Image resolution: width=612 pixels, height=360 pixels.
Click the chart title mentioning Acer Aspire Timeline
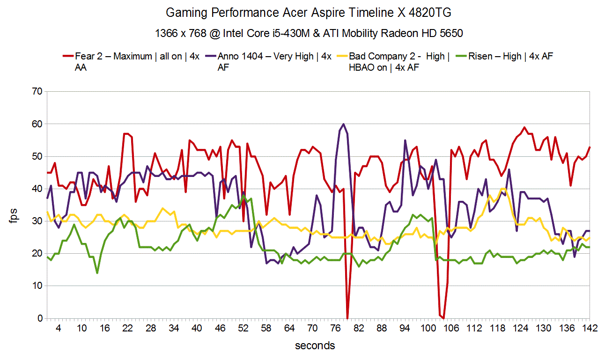(309, 13)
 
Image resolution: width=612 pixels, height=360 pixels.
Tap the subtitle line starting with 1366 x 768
(309, 33)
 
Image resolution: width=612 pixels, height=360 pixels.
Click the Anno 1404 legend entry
(274, 57)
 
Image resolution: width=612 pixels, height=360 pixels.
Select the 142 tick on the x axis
(590, 329)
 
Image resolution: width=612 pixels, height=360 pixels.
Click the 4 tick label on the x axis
(59, 329)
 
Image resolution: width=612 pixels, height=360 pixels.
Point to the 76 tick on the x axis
(336, 329)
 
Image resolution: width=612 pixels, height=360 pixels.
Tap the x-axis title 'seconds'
(315, 346)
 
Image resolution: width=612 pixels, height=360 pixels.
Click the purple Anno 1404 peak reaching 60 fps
(344, 124)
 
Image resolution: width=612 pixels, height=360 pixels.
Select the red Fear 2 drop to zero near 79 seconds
(347, 318)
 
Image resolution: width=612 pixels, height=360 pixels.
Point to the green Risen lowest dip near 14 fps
(97, 273)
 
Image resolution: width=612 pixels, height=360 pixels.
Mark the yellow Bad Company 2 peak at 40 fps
(503, 189)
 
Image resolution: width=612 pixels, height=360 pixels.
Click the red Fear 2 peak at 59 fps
(524, 127)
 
